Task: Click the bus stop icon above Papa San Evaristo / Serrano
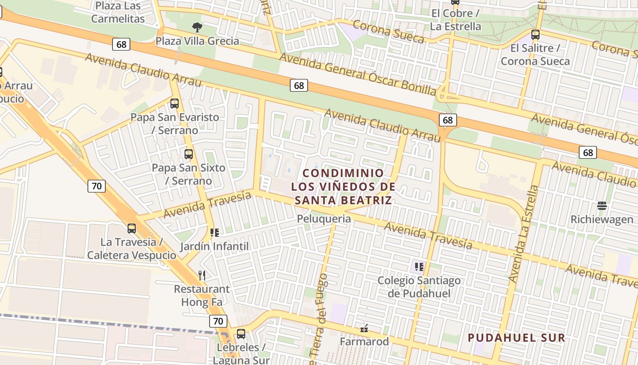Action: [x=175, y=104]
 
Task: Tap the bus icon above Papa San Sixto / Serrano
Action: [x=189, y=154]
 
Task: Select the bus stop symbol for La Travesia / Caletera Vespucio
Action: [x=132, y=228]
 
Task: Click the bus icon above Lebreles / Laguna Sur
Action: [x=241, y=334]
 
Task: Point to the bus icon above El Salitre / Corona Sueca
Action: [x=535, y=35]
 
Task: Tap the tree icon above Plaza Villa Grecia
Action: [x=197, y=27]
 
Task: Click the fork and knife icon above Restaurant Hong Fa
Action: [x=202, y=275]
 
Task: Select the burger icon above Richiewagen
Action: [x=602, y=206]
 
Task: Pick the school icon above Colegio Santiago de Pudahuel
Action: [x=419, y=266]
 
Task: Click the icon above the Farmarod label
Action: [x=364, y=328]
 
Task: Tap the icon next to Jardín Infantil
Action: [x=215, y=233]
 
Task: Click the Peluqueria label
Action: [x=324, y=219]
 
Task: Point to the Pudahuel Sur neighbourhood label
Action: [x=517, y=338]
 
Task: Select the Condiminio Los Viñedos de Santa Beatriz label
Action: [x=343, y=187]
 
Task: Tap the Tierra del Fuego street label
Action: [x=319, y=319]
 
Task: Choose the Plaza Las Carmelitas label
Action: [x=118, y=12]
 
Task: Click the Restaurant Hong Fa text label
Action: [x=202, y=296]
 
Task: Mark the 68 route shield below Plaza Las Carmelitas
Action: [x=121, y=44]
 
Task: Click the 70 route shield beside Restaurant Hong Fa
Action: [x=218, y=321]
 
